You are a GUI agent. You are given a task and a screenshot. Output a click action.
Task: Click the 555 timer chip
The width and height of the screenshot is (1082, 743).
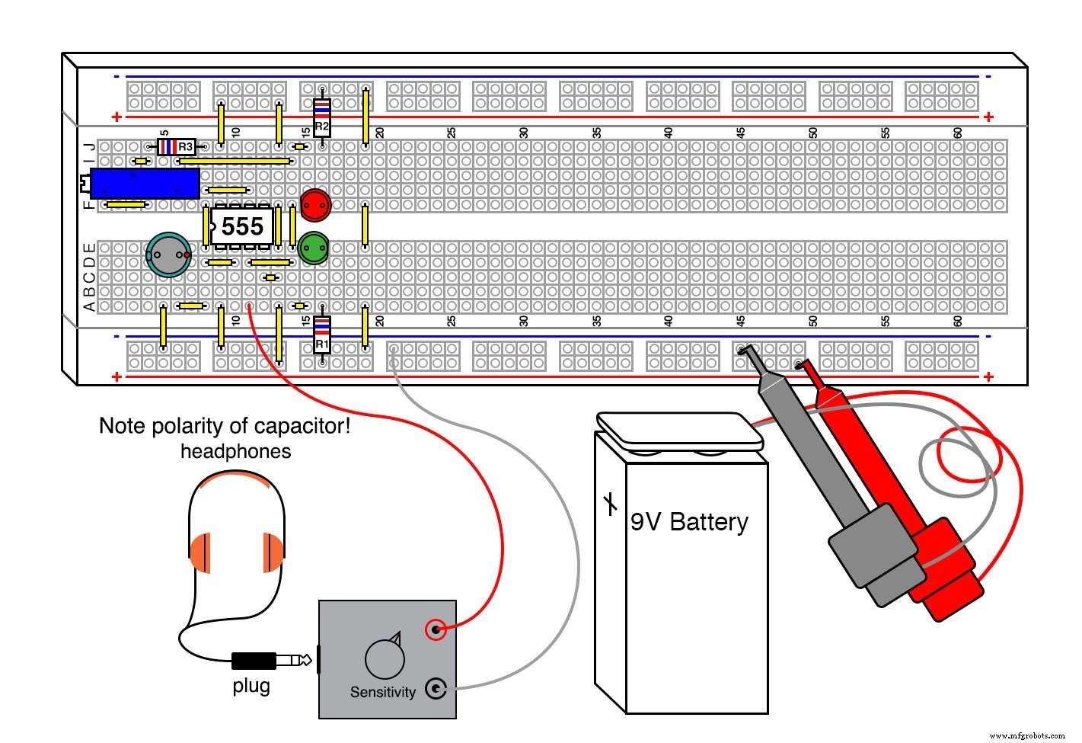tap(241, 226)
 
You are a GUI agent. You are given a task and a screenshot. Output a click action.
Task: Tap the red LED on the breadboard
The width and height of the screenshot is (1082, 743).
tap(314, 204)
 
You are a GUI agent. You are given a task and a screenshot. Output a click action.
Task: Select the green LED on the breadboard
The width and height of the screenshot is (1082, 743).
tap(313, 248)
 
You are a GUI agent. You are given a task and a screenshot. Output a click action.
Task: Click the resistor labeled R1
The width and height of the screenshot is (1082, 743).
tap(322, 335)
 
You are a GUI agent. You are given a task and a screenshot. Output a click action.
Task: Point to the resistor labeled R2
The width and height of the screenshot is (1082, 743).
tap(322, 117)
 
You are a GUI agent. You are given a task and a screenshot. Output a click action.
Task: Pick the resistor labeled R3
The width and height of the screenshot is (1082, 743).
tap(176, 146)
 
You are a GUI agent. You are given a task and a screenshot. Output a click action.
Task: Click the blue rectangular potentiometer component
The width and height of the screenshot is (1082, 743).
tap(144, 184)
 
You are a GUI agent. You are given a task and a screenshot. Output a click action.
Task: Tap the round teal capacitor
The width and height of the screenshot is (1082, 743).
tap(168, 255)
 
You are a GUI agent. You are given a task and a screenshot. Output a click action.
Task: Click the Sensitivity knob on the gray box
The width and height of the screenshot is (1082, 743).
tap(385, 658)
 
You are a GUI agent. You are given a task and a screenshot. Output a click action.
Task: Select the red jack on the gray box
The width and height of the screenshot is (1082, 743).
tap(435, 629)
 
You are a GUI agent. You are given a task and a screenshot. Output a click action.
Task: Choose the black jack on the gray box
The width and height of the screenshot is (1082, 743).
tap(435, 689)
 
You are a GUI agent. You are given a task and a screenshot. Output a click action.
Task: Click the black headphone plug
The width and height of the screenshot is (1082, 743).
tap(254, 660)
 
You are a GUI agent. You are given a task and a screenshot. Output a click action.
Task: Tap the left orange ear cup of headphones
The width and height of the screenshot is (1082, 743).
tap(199, 552)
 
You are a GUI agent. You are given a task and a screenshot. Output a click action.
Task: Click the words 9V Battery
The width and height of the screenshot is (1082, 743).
tap(689, 522)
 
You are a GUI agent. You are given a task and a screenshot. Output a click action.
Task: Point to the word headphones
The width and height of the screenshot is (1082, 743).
tap(235, 451)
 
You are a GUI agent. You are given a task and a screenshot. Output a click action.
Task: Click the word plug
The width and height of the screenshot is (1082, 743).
tap(251, 686)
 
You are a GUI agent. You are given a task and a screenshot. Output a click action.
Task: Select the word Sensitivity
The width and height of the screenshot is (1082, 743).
tap(382, 692)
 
